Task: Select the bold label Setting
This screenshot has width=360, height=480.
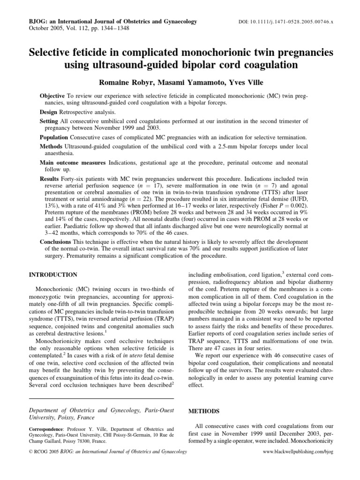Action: pos(49,121)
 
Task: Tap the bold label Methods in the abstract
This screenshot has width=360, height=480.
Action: pos(52,146)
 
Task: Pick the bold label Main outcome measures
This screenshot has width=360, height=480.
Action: pos(73,162)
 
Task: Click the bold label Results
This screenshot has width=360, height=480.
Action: pos(50,179)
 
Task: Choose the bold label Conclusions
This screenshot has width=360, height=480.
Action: pos(57,241)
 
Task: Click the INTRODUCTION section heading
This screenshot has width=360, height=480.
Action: pos(53,274)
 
